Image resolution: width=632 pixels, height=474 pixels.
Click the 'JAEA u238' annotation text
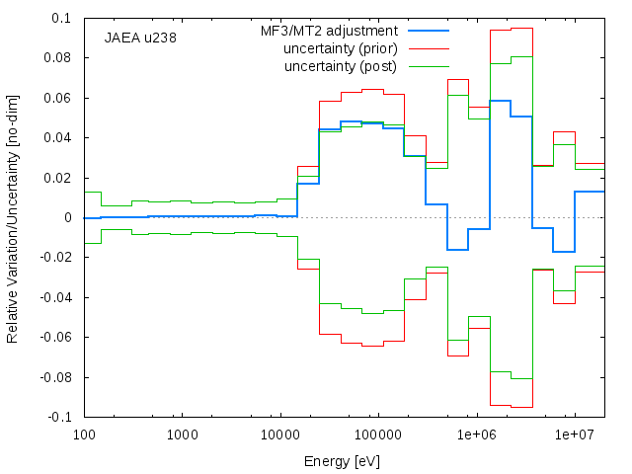140,38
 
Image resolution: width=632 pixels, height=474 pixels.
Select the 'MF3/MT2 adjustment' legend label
329,31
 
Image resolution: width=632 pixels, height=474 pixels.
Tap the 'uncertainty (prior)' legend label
341,48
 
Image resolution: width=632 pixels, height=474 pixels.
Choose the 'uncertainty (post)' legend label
341,66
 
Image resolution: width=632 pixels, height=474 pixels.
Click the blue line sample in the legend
429,31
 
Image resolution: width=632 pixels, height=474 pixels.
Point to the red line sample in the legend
429,48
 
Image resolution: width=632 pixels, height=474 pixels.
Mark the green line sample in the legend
429,66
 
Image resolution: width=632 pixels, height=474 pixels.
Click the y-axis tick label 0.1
61,18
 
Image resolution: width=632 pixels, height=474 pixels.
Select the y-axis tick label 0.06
57,98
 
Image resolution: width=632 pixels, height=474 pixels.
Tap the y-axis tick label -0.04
55,297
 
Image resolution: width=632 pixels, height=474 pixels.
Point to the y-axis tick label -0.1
59,417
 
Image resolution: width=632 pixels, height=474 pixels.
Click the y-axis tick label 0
68,217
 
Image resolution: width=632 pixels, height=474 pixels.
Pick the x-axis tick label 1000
183,434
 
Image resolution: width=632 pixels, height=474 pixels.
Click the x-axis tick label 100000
379,434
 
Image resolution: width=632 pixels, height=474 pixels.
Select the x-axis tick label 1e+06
477,434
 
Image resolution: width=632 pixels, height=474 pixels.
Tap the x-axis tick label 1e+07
575,434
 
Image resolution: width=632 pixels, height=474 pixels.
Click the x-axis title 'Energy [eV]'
342,461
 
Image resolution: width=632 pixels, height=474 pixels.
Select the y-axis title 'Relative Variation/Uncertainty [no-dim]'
13,219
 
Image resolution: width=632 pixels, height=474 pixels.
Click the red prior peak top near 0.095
522,29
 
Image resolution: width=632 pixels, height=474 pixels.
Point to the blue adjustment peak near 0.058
501,101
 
